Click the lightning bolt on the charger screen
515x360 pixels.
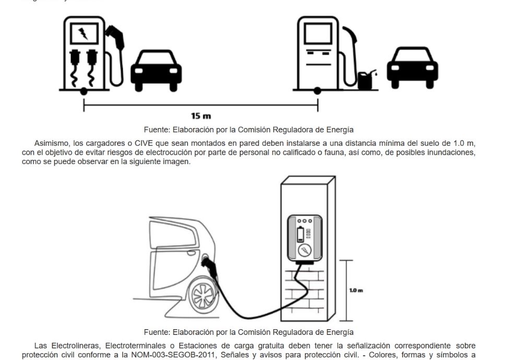[x=83, y=34]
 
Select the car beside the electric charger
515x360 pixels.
[x=156, y=70]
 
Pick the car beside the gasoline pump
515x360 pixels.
[x=412, y=68]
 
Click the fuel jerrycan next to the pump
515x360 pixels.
[x=366, y=79]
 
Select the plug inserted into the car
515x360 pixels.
[x=209, y=264]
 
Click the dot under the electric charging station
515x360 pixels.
[x=84, y=92]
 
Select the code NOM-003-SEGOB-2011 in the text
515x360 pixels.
[x=190, y=355]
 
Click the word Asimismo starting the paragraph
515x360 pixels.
[x=51, y=143]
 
